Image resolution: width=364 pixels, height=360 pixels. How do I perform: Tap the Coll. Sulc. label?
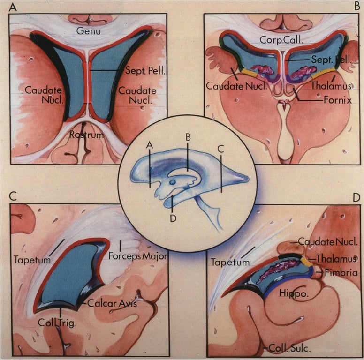pos(285,348)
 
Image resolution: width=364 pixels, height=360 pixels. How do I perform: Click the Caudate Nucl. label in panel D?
pos(328,242)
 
